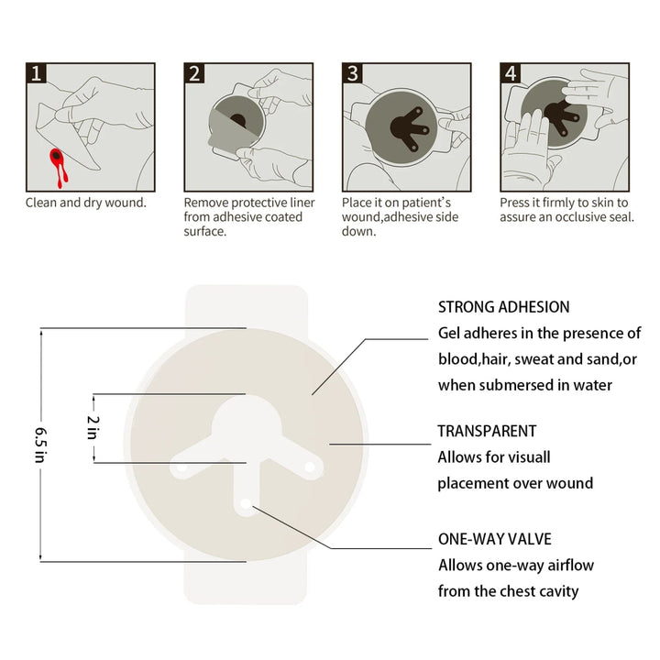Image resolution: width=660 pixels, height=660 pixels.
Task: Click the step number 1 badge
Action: [x=36, y=73]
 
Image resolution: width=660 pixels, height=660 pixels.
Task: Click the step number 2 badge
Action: [x=194, y=73]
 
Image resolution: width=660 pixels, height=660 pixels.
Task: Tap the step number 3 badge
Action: [x=353, y=73]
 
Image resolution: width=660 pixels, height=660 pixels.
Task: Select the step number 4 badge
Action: [x=511, y=73]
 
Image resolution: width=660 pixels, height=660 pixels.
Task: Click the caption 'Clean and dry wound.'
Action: [x=85, y=202]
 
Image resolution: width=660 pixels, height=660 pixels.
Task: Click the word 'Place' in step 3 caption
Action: [x=357, y=202]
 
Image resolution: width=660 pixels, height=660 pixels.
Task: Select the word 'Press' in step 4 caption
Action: [x=515, y=202]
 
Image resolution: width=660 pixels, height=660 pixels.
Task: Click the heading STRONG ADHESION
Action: [x=503, y=307]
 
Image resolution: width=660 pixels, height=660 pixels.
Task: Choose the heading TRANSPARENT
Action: [x=487, y=430]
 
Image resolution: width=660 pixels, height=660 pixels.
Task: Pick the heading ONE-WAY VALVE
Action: [x=495, y=539]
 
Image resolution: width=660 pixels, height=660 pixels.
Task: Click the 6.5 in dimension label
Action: [x=39, y=445]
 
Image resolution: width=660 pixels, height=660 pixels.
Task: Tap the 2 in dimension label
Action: [x=92, y=428]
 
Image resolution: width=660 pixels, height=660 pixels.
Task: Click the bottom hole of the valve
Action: [x=247, y=504]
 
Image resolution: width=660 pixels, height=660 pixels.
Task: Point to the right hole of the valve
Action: [x=309, y=467]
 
